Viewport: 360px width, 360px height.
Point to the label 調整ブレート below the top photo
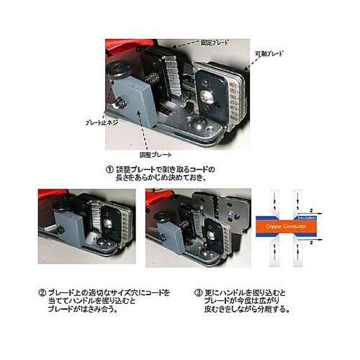pyautogui.click(x=154, y=154)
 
